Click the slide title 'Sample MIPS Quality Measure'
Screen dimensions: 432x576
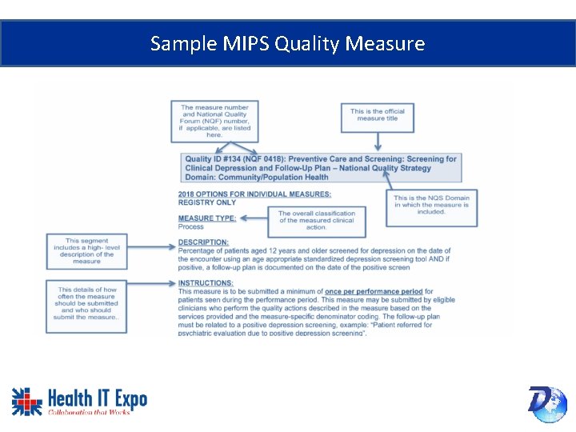(287, 43)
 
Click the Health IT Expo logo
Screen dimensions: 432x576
(79, 401)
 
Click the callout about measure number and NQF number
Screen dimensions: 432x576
(214, 120)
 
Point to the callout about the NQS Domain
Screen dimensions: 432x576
(431, 205)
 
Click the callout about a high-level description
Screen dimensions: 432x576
(87, 251)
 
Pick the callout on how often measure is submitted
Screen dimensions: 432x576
(87, 303)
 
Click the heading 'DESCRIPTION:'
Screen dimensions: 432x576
(203, 242)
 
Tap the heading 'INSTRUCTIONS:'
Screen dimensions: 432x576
(206, 283)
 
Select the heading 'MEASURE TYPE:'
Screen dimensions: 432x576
(207, 218)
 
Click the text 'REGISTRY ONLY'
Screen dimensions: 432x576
(207, 202)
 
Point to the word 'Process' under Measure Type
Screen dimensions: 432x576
(191, 226)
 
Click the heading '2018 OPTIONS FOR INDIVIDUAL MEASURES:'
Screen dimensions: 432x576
(254, 194)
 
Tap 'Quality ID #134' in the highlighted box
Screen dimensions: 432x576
(214, 159)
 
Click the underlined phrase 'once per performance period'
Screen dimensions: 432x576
(374, 292)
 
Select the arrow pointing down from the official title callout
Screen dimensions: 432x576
(377, 142)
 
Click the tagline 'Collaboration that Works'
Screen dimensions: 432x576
(88, 412)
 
